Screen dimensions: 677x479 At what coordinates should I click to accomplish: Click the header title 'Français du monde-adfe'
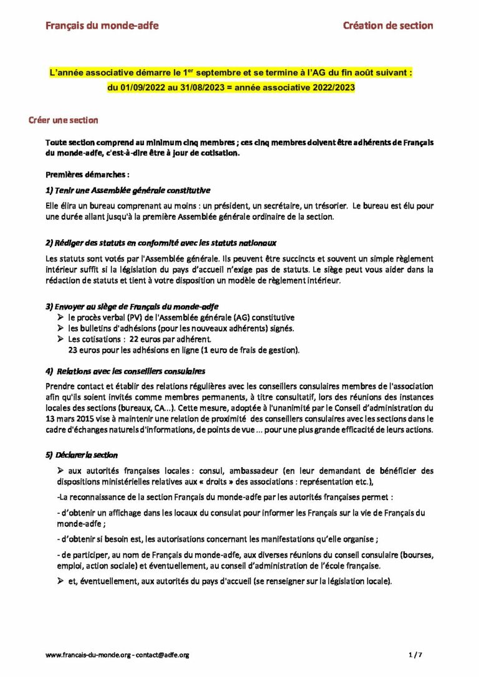pyautogui.click(x=102, y=26)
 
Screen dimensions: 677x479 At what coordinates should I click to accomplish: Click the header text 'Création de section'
pyautogui.click(x=388, y=26)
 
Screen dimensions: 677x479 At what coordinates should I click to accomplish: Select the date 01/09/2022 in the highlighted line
pyautogui.click(x=146, y=88)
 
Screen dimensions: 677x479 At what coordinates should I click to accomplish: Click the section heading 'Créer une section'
pyautogui.click(x=63, y=120)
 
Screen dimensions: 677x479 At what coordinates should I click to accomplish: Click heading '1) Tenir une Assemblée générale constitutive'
pyautogui.click(x=128, y=190)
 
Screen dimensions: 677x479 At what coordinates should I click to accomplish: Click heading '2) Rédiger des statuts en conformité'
pyautogui.click(x=161, y=242)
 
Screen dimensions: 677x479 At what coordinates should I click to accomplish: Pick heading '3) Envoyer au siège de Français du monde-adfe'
pyautogui.click(x=132, y=306)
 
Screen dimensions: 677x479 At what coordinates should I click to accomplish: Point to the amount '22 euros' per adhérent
pyautogui.click(x=147, y=339)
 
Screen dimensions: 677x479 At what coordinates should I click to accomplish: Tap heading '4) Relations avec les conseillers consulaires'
pyautogui.click(x=126, y=372)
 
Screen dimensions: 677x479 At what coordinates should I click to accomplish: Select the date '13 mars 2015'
pyautogui.click(x=71, y=419)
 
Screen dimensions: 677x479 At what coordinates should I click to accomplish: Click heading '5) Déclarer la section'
pyautogui.click(x=82, y=455)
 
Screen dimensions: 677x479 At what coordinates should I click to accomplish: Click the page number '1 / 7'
pyautogui.click(x=415, y=655)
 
